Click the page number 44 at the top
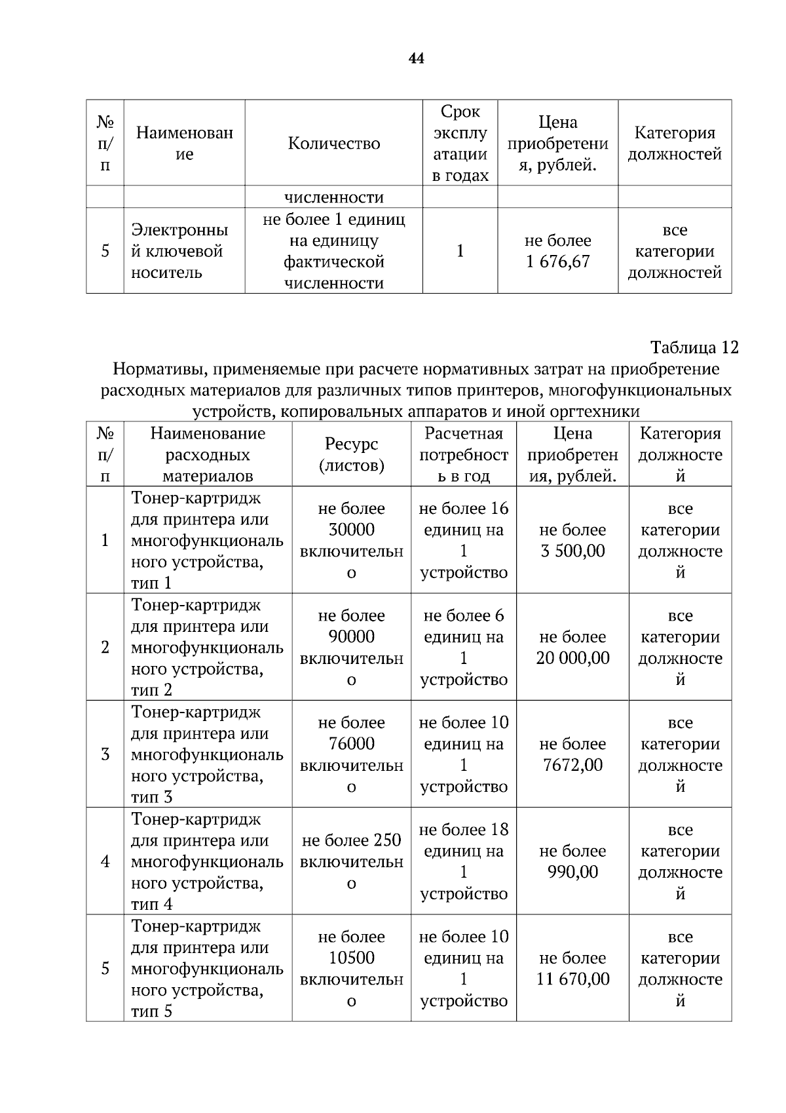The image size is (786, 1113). (x=416, y=59)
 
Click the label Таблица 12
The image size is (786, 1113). (x=694, y=347)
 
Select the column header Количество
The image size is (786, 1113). (x=333, y=144)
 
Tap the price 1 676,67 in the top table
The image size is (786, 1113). (x=557, y=262)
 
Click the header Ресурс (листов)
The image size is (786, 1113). (x=351, y=454)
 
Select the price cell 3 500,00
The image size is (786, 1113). (x=572, y=551)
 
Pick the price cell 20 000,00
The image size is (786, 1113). (x=572, y=657)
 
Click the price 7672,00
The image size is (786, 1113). (x=572, y=765)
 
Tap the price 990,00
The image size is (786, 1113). (x=572, y=872)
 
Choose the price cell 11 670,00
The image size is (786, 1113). (x=572, y=979)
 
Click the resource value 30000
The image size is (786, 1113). (x=351, y=530)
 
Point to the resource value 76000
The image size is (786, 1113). (x=351, y=743)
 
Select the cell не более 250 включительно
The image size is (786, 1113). (x=351, y=861)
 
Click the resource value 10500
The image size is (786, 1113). (x=351, y=958)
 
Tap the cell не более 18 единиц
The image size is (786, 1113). (x=463, y=840)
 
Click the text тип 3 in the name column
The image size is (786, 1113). (x=151, y=797)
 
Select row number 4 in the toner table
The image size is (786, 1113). (x=105, y=861)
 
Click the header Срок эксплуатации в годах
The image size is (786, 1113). (x=460, y=144)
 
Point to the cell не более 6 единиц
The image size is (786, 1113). (x=463, y=626)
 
